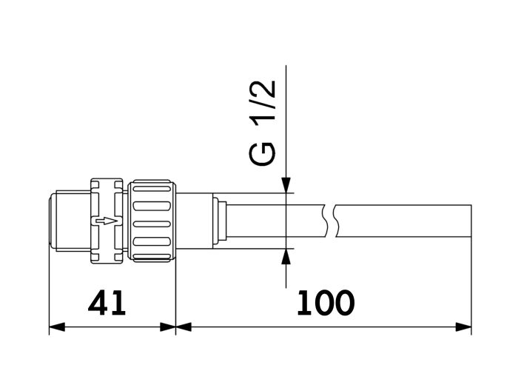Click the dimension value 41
pos(107,303)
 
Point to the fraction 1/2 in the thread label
pos(265,104)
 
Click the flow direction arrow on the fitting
pos(107,221)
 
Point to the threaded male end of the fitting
pos(68,221)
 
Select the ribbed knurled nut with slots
pos(152,221)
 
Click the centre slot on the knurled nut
pos(152,221)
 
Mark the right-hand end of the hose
pos(471,221)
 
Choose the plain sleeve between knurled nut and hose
pos(194,221)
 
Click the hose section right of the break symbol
pos(403,221)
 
